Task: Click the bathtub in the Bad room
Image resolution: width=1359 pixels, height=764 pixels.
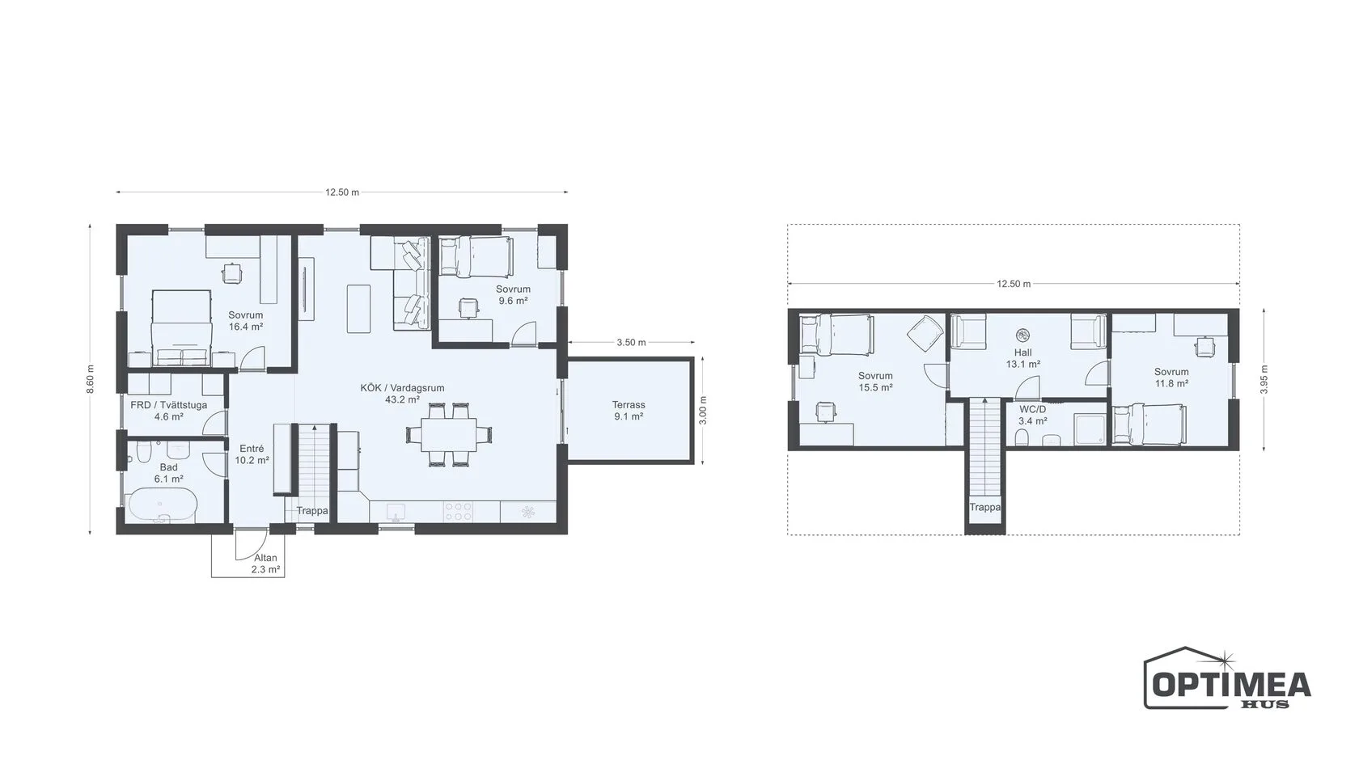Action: click(162, 506)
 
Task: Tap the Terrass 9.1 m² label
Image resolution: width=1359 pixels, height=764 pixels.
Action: click(629, 411)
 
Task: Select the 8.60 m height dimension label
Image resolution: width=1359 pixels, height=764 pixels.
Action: click(91, 380)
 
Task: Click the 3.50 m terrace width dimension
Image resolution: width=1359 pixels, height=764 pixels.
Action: click(631, 343)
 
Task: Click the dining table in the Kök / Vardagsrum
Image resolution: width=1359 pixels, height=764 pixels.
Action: click(449, 435)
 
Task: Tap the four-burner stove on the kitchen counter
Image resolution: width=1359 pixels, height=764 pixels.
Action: click(458, 511)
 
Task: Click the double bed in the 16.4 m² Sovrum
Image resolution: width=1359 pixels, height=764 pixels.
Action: click(181, 327)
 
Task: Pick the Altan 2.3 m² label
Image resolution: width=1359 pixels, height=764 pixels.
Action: click(265, 564)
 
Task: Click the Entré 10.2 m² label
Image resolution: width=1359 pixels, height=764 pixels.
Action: click(252, 454)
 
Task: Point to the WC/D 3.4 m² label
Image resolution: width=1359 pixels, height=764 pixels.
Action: click(1032, 415)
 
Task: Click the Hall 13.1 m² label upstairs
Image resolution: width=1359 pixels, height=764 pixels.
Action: click(1022, 358)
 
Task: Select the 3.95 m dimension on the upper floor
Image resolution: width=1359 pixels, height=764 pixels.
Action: click(1264, 380)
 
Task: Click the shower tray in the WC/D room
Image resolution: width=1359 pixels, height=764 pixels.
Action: click(1090, 430)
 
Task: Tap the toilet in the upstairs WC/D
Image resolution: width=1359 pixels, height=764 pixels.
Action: click(1021, 437)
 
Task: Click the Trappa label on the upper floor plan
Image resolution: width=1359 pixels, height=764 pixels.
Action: click(984, 507)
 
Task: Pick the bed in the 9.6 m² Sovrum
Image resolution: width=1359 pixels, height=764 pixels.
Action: click(476, 255)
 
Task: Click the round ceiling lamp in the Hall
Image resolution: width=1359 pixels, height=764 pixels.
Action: click(1022, 335)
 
